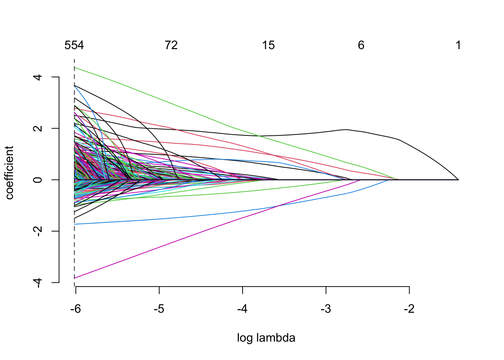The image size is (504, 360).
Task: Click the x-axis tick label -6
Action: tap(75, 309)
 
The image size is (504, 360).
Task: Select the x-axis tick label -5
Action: tap(159, 309)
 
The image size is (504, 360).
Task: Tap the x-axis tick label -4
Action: tap(242, 309)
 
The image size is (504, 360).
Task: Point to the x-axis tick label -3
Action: tap(326, 309)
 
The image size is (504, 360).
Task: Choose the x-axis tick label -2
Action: tap(409, 309)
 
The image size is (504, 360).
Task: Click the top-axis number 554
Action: tap(74, 45)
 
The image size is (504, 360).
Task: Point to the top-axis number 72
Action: tap(171, 45)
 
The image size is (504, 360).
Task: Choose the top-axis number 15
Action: tap(268, 45)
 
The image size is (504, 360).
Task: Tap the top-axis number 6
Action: tap(361, 45)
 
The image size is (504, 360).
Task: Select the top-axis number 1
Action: tap(458, 45)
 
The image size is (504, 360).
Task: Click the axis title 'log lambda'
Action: tap(266, 338)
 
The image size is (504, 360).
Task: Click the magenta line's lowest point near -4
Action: tap(75, 278)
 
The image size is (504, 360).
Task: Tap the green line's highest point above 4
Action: tap(75, 67)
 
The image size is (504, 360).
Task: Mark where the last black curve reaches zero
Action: tap(458, 180)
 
